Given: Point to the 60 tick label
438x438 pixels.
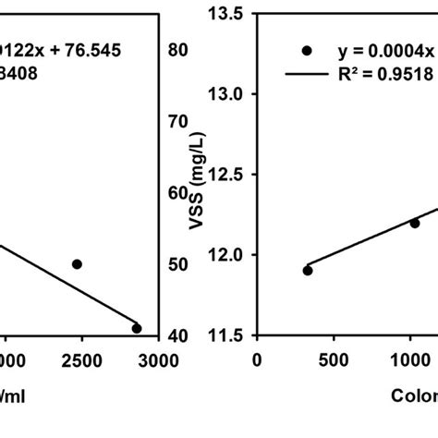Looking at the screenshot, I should click(x=177, y=193).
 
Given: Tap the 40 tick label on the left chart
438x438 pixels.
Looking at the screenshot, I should click(x=177, y=335).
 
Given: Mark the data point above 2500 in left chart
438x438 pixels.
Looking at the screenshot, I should click(x=77, y=264).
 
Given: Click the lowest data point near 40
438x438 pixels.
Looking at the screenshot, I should click(x=137, y=328).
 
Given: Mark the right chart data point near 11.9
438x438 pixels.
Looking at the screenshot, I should click(x=308, y=270).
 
